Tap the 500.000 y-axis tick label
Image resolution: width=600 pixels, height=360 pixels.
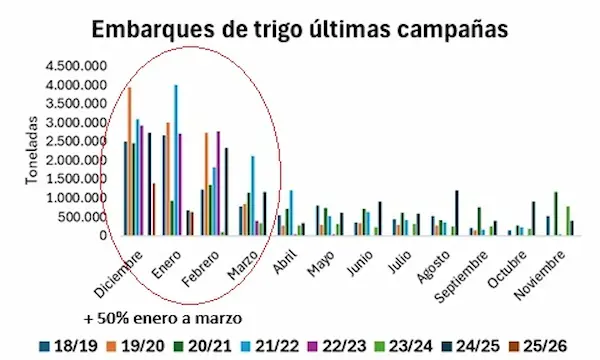click(x=84, y=217)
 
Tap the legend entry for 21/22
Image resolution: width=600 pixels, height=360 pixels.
click(x=269, y=345)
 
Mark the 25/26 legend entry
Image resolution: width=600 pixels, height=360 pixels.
click(x=545, y=345)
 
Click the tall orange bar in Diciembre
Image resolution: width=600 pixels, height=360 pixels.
click(x=129, y=160)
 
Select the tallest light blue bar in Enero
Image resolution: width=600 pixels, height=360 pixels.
click(x=176, y=160)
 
